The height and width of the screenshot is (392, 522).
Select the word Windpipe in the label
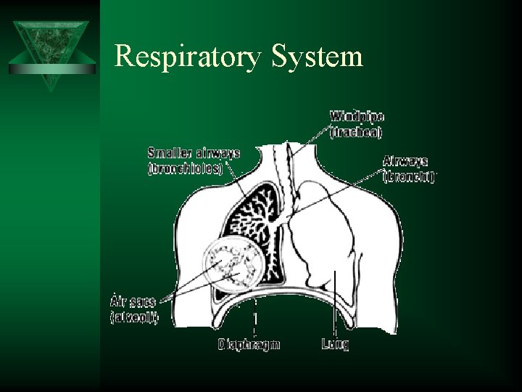(x=357, y=117)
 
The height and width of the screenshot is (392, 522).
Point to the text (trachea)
(x=356, y=132)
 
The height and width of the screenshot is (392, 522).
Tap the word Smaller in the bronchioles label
(x=170, y=154)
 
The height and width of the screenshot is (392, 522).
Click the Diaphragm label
(x=249, y=344)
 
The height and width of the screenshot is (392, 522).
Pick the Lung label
(x=334, y=344)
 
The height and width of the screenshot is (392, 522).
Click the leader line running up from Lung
(x=334, y=305)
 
